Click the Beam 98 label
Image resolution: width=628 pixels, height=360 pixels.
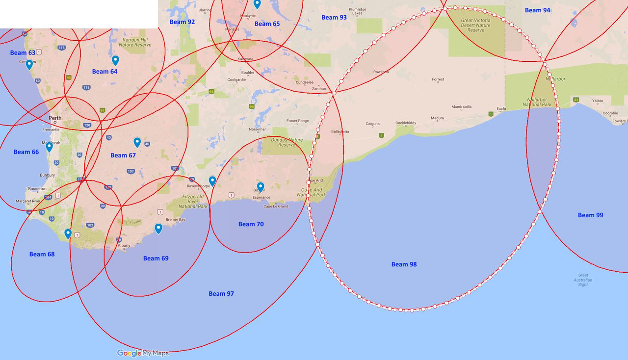404,264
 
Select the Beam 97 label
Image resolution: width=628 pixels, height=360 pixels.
221,294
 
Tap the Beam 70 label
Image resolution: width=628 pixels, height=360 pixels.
251,224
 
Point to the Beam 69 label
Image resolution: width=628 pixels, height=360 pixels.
156,258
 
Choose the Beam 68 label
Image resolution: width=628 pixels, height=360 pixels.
42,254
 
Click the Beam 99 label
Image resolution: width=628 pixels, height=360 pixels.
590,215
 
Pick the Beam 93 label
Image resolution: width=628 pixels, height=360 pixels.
334,18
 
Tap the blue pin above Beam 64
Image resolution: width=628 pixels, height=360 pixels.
115,60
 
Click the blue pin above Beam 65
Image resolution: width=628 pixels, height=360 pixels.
257,4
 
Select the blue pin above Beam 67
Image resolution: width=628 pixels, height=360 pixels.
137,142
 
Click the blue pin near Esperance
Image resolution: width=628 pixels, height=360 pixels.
261,187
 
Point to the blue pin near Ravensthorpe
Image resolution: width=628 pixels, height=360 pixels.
212,181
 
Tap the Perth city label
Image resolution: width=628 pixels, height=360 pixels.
55,118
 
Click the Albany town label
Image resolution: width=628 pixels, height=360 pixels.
124,245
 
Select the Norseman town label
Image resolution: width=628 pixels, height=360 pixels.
258,129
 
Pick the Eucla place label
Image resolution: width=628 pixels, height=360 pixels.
501,108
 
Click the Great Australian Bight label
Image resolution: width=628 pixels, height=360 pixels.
583,280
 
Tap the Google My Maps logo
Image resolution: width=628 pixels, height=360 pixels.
143,353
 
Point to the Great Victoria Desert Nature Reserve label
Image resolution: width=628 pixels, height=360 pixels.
475,25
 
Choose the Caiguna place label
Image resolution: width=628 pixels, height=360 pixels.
373,124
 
